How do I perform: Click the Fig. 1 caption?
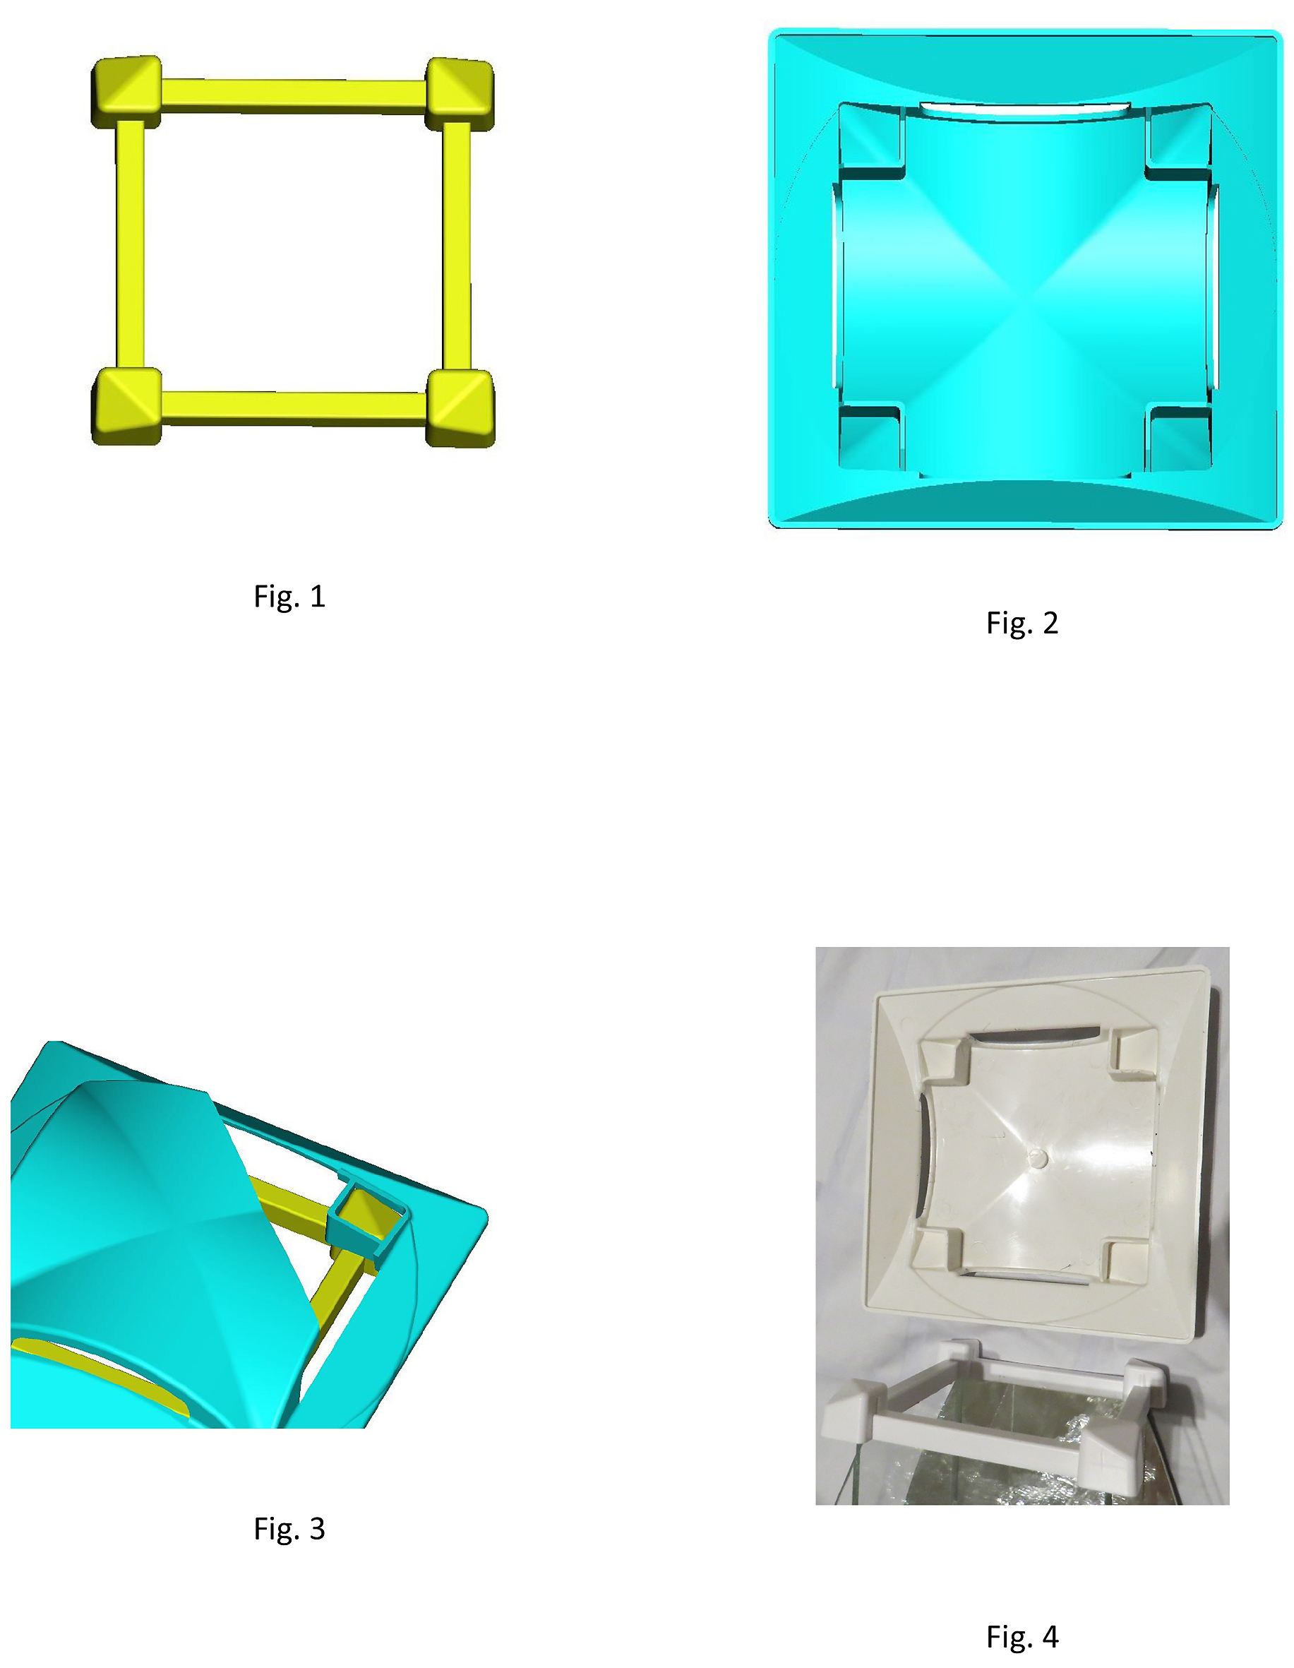pyautogui.click(x=289, y=597)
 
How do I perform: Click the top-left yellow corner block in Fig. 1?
pyautogui.click(x=126, y=91)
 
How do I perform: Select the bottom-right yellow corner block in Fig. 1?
pyautogui.click(x=460, y=408)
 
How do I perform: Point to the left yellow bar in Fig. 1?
pyautogui.click(x=131, y=245)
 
